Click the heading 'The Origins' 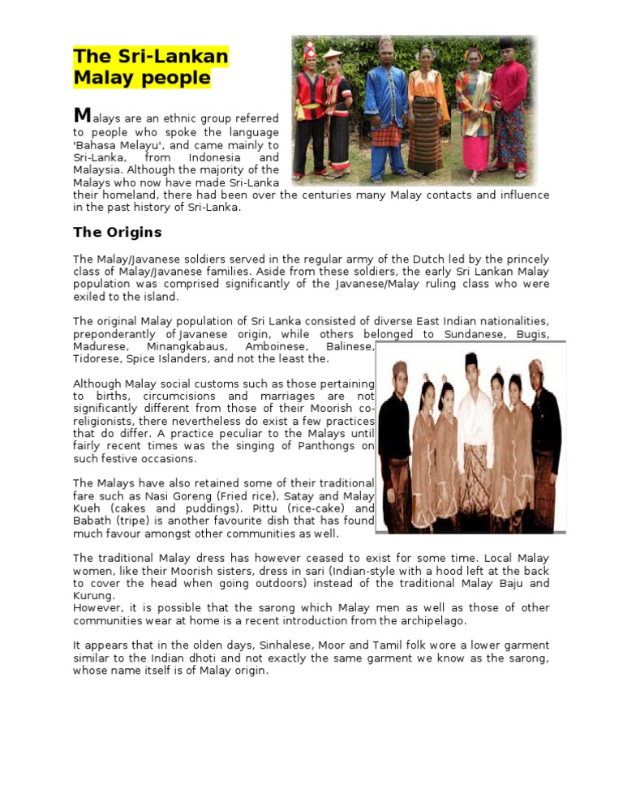pos(118,233)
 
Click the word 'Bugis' pos(532,334)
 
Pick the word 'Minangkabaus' pos(185,346)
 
